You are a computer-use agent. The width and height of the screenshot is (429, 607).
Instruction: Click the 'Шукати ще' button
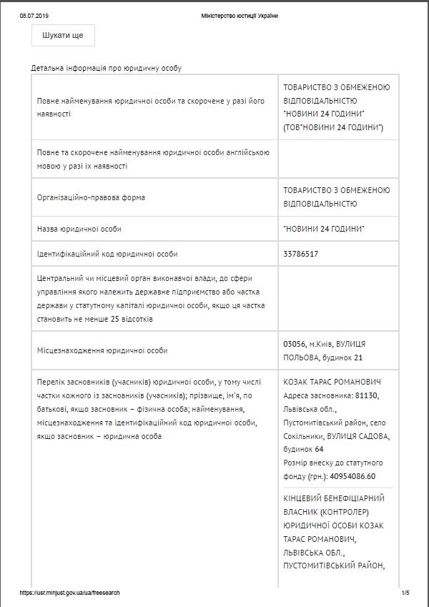tap(63, 35)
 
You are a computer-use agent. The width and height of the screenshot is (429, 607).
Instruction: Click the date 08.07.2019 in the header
tap(34, 16)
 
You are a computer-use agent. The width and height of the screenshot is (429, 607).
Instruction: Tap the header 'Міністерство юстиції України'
tap(240, 16)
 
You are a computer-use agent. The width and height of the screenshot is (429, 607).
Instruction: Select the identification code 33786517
tap(301, 254)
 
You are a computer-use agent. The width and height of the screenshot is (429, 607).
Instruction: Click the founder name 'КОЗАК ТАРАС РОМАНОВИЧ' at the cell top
tap(332, 382)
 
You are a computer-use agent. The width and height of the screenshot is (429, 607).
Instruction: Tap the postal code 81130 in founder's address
tap(366, 395)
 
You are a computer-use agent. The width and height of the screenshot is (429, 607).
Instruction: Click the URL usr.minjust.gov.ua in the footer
tap(69, 593)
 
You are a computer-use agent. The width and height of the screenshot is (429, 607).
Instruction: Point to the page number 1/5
tap(405, 593)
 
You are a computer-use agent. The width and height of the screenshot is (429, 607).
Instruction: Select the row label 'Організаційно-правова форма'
tap(91, 197)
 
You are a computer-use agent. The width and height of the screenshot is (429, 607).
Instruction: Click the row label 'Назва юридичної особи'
tap(79, 229)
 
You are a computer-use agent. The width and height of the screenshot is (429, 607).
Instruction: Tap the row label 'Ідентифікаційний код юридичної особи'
tap(107, 254)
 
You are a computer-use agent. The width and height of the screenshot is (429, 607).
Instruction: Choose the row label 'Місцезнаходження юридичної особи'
tap(102, 351)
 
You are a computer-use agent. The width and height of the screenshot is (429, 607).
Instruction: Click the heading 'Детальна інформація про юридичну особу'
tap(107, 69)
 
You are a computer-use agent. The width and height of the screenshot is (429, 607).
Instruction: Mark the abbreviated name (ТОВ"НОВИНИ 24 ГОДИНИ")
tap(334, 127)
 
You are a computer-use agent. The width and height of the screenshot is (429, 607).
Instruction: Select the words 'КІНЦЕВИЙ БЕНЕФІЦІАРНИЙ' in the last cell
tap(334, 498)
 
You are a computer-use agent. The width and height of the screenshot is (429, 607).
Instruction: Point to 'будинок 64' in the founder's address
tap(304, 449)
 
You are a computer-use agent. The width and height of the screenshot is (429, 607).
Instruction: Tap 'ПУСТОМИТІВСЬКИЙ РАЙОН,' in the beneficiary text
tap(334, 566)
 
